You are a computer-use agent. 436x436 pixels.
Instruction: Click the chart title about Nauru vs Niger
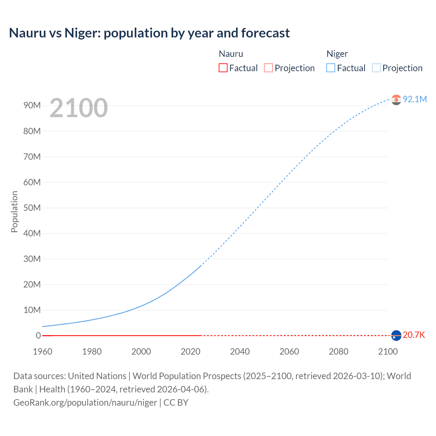pos(149,33)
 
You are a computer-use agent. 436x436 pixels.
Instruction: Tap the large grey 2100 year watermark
pos(79,108)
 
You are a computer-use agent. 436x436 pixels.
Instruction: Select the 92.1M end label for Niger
pos(415,99)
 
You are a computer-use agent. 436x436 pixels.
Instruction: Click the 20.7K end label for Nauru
pos(414,335)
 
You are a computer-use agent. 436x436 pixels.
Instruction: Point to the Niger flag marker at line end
pos(396,99)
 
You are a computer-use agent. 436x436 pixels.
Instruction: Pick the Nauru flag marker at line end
pos(396,336)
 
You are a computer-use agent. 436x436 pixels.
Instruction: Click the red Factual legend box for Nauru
pos(223,68)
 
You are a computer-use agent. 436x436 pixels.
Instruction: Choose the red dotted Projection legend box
pos(268,68)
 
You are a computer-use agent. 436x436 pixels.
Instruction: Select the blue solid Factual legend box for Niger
pos(331,68)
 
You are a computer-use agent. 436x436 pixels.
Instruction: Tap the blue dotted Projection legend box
pos(376,68)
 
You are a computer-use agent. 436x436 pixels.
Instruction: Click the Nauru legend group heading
pos(231,54)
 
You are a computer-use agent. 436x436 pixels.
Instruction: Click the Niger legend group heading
pos(337,54)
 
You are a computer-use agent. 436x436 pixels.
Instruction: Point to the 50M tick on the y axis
pos(32,208)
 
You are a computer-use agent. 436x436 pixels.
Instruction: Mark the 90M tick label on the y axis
pos(32,106)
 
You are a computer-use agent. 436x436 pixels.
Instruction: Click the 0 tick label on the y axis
pos(38,336)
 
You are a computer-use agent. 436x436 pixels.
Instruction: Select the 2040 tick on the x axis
pos(240,352)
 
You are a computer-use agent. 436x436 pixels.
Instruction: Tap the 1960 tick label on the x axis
pos(43,352)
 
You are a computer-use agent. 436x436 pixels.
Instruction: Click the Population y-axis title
pos(14,212)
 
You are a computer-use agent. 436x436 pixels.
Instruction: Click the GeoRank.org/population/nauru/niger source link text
pos(85,403)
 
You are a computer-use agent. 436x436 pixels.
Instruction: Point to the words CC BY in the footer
pos(176,403)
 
